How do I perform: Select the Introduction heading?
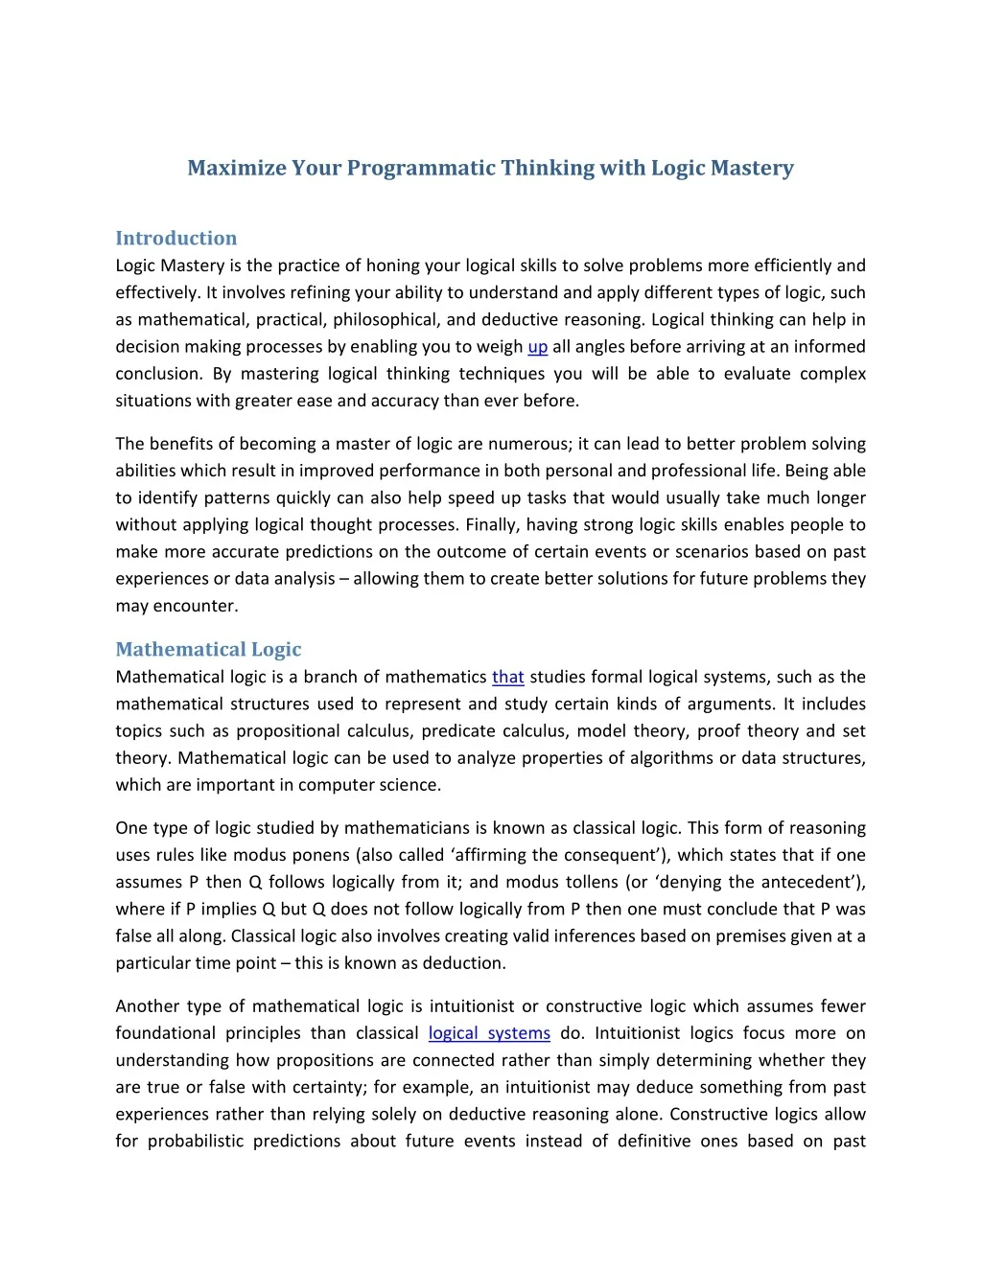click(175, 238)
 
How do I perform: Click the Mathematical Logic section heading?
click(208, 649)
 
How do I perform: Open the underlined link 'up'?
click(538, 347)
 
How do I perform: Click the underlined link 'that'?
click(507, 677)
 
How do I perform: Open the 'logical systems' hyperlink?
click(489, 1033)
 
